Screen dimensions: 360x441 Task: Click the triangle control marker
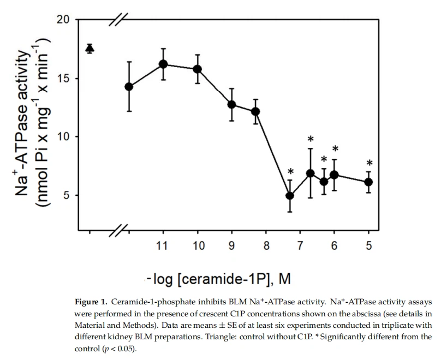[90, 49]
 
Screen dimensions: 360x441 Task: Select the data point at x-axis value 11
[163, 64]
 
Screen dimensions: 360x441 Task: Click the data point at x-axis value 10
[198, 69]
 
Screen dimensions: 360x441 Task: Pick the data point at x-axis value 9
[231, 104]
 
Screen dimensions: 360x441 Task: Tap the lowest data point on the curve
[290, 195]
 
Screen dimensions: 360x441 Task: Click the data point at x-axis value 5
[369, 182]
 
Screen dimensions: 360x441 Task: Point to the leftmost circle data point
[129, 87]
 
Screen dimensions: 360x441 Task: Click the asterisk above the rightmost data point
[370, 163]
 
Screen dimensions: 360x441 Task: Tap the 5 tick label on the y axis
[66, 195]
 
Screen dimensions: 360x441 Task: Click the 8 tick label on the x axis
[266, 246]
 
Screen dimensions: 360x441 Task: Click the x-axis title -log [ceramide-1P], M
[218, 279]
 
